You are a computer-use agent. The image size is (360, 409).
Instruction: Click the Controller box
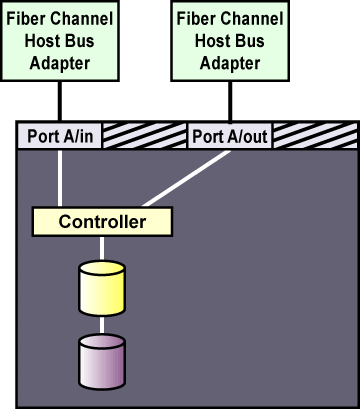click(102, 222)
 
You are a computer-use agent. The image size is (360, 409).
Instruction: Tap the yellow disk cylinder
click(102, 288)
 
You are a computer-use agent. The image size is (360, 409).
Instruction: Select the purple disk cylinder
click(102, 362)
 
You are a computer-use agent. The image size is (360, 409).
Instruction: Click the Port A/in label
click(60, 136)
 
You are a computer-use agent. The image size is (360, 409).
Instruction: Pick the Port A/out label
click(230, 136)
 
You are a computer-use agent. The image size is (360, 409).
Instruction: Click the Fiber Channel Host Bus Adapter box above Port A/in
click(60, 41)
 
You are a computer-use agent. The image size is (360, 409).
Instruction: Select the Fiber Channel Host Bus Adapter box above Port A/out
click(230, 41)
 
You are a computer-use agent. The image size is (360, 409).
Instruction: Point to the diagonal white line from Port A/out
click(187, 178)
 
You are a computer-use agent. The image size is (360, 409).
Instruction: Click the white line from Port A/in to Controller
click(60, 178)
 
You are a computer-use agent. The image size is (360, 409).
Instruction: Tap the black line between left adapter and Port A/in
click(60, 101)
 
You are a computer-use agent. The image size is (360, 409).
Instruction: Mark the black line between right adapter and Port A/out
click(230, 101)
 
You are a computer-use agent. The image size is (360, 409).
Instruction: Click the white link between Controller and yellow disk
click(102, 249)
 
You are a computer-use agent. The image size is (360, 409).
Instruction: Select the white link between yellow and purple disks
click(102, 325)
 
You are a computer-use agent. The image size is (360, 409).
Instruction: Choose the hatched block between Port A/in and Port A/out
click(144, 136)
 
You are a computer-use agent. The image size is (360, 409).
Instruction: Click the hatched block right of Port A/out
click(315, 136)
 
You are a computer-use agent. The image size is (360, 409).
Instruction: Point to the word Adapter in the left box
click(60, 63)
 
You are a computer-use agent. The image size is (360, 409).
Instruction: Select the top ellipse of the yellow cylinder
click(102, 268)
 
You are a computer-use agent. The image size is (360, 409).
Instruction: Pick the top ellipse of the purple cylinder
click(102, 342)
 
